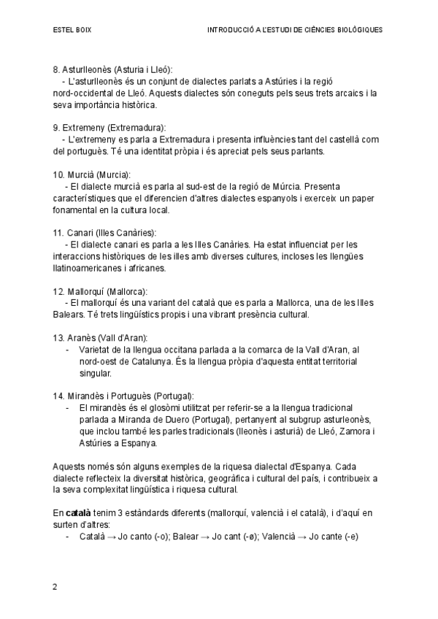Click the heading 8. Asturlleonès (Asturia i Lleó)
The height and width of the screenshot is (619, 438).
pyautogui.click(x=112, y=69)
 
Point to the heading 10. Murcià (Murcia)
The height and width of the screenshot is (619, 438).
pyautogui.click(x=92, y=175)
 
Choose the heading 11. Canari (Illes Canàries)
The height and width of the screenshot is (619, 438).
pyautogui.click(x=104, y=232)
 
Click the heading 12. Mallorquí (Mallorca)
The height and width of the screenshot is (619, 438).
pyautogui.click(x=100, y=290)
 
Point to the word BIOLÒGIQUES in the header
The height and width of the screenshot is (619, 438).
pyautogui.click(x=358, y=31)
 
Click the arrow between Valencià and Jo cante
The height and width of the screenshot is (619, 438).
pyautogui.click(x=299, y=536)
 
